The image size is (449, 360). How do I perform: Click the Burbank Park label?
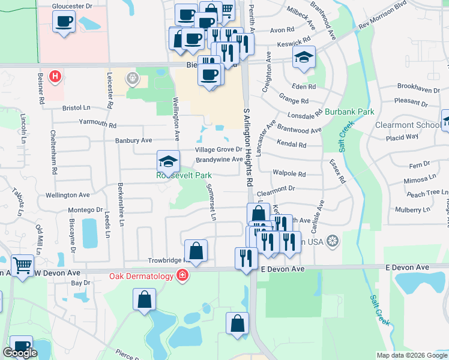pyautogui.click(x=349, y=112)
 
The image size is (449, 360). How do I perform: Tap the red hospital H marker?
pyautogui.click(x=55, y=76)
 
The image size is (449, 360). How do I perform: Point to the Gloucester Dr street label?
pyautogui.click(x=72, y=5)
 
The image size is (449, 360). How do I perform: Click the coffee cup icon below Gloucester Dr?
pyautogui.click(x=63, y=23)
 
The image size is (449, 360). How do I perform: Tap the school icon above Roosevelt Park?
pyautogui.click(x=168, y=160)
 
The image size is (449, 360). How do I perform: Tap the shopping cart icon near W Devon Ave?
pyautogui.click(x=22, y=265)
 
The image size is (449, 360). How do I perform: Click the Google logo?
pyautogui.click(x=20, y=352)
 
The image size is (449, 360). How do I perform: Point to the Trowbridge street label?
pyautogui.click(x=168, y=260)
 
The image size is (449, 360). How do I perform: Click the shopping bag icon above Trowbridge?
pyautogui.click(x=196, y=250)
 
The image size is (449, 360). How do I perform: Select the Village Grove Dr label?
pyautogui.click(x=218, y=149)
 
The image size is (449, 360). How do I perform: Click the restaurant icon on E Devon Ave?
pyautogui.click(x=246, y=258)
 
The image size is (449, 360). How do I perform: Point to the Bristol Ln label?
pyautogui.click(x=76, y=108)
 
